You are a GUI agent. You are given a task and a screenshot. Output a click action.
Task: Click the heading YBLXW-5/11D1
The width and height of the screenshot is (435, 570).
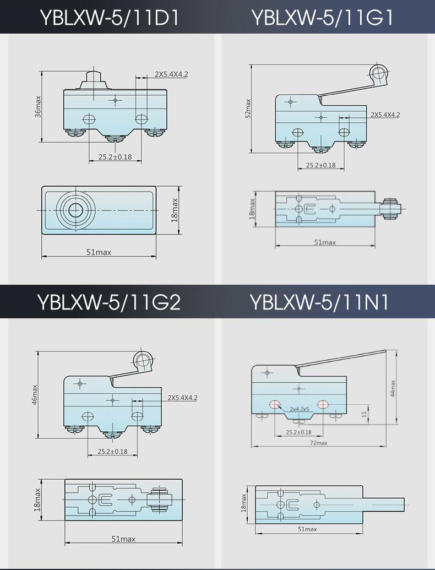[x=110, y=17]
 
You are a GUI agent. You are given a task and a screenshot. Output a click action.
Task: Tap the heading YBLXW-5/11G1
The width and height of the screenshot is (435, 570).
[x=323, y=17]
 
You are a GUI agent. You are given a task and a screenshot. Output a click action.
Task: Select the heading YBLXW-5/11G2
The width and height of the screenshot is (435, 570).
[x=108, y=302]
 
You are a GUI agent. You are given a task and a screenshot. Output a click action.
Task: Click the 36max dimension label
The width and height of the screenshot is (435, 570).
[x=38, y=106]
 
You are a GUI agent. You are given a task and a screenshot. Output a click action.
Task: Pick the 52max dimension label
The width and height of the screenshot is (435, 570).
[x=248, y=108]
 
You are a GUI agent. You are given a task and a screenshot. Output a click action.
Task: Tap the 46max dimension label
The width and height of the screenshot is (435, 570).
[x=35, y=394]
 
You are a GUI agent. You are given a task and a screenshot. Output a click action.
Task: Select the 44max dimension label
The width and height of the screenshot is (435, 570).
[x=393, y=388]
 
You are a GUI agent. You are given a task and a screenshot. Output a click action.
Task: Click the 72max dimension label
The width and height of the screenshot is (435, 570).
[x=319, y=443]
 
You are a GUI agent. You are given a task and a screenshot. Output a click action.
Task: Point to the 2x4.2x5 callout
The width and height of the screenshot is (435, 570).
[x=299, y=409]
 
